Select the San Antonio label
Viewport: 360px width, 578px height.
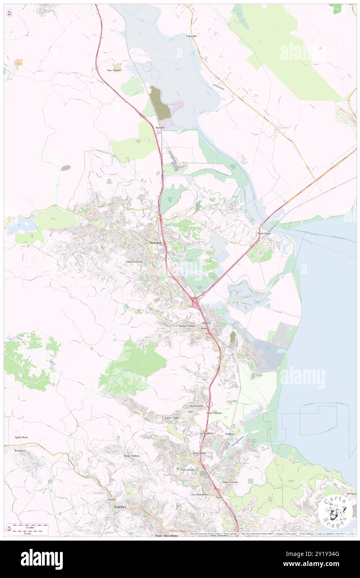pos(114,70)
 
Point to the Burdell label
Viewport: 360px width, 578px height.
pos(160,127)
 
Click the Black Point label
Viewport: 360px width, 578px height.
pos(264,234)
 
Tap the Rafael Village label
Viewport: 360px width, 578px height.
pos(187,326)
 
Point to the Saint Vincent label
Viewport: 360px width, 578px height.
pos(214,413)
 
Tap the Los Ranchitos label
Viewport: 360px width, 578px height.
pos(199,494)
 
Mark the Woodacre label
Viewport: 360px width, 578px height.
pos(20,451)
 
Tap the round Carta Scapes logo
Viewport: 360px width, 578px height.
pos(336,511)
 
